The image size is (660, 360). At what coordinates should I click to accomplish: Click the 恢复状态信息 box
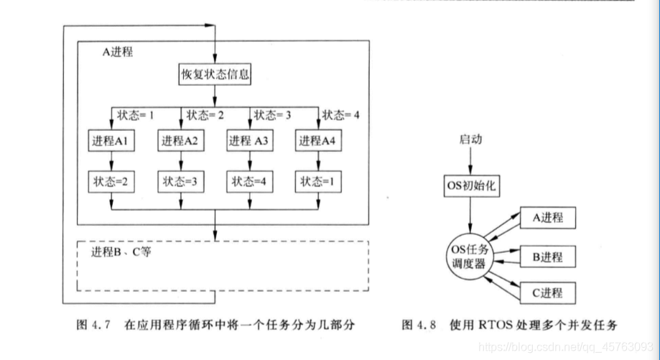[214, 73]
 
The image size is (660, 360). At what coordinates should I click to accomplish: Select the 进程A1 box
[111, 142]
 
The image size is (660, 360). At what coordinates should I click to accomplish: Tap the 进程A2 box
[180, 142]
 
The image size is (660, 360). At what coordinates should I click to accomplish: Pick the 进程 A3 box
[248, 142]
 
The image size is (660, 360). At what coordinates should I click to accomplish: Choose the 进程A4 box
[317, 142]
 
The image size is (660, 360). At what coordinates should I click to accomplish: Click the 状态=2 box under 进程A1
[111, 182]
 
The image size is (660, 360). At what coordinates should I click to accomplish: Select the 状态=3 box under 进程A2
[180, 182]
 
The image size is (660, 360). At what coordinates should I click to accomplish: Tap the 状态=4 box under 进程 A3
[248, 182]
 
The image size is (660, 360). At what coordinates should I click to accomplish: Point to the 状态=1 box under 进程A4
[317, 182]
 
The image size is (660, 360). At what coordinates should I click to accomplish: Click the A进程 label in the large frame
[117, 53]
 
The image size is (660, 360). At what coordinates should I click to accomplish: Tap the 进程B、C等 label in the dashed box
[121, 253]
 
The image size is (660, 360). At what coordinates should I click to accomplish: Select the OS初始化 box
[470, 186]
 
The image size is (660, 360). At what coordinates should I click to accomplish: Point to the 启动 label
[470, 139]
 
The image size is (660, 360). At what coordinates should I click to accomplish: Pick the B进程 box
[548, 256]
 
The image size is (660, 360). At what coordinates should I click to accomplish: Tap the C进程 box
[548, 292]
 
